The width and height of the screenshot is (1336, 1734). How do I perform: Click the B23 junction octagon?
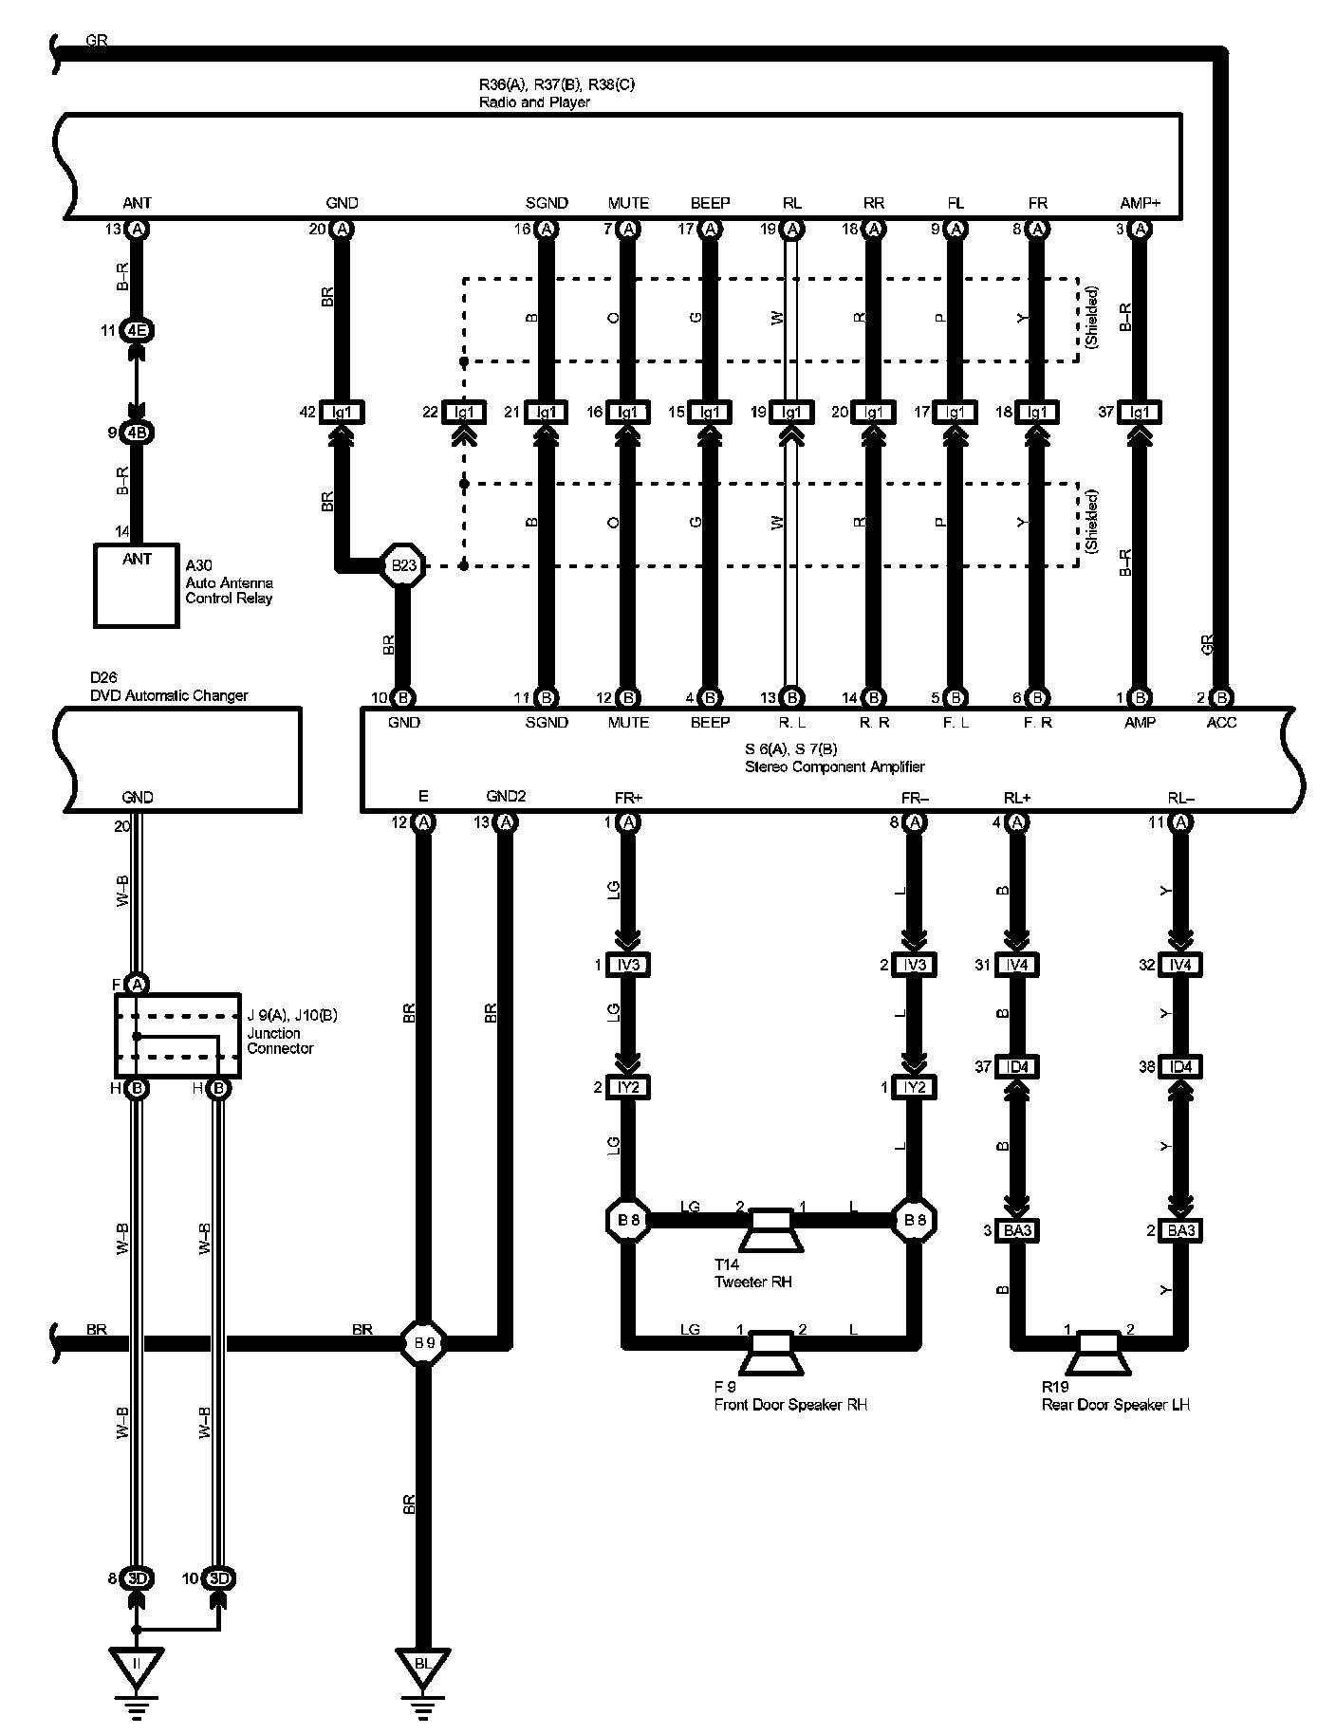click(x=403, y=566)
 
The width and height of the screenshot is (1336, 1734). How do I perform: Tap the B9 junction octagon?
click(x=423, y=1342)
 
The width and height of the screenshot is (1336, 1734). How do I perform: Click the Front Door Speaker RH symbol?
click(x=771, y=1352)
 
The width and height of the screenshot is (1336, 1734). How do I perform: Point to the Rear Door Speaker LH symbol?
click(x=1098, y=1352)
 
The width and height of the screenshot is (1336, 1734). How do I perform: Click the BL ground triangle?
click(x=423, y=1665)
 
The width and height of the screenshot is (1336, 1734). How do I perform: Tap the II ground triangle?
click(x=137, y=1665)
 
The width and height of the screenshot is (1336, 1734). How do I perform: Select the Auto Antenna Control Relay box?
click(x=137, y=584)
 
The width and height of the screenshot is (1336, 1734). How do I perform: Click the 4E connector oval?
click(x=138, y=331)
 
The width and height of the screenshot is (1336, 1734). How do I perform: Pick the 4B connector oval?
click(x=138, y=433)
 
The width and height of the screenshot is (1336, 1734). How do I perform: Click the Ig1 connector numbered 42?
click(x=343, y=413)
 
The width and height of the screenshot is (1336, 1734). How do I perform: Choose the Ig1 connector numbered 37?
click(x=1140, y=413)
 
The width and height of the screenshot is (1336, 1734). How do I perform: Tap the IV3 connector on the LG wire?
click(x=628, y=965)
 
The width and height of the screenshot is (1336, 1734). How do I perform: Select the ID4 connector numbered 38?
click(x=1180, y=1067)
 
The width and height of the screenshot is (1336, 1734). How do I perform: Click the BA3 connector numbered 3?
click(x=1016, y=1230)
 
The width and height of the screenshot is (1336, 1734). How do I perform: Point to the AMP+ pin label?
click(x=1140, y=203)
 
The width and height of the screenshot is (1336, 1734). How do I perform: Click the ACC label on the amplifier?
click(x=1221, y=723)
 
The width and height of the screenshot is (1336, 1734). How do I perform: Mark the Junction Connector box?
click(x=177, y=1035)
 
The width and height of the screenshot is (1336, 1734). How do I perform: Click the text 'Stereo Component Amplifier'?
click(x=834, y=766)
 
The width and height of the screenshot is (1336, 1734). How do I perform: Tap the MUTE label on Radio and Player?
click(x=628, y=203)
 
